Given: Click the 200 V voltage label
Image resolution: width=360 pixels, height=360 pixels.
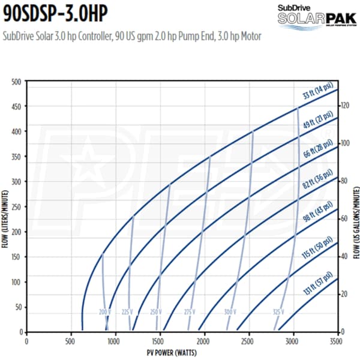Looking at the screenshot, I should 106,312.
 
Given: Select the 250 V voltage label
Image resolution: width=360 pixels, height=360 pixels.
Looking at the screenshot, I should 157,312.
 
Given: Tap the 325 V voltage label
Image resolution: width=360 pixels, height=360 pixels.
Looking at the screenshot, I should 278,312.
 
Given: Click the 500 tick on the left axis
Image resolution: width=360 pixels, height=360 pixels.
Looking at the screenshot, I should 16,81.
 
